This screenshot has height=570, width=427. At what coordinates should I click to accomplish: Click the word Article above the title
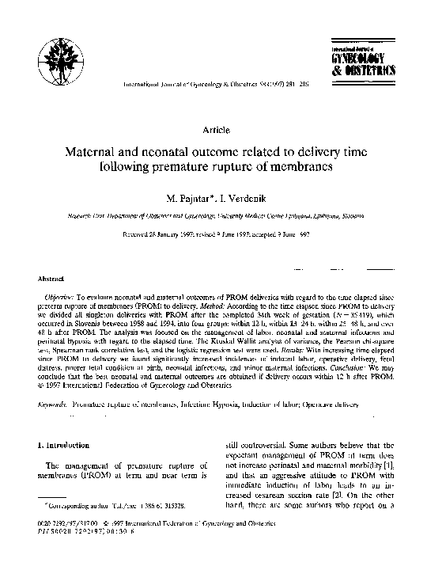(217, 128)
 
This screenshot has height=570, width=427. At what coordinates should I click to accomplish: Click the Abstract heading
(51, 279)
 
